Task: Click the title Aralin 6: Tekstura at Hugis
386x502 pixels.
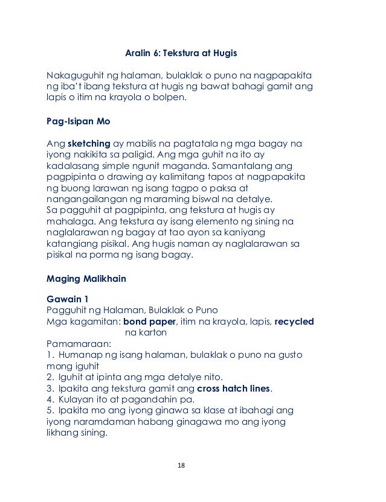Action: pos(181,54)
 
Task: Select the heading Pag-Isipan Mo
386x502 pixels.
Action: pos(79,120)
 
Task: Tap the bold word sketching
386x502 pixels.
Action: pos(89,145)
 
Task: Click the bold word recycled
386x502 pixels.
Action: pos(294,321)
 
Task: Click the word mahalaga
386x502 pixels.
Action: pos(69,221)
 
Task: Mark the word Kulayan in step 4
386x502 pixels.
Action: pos(78,398)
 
